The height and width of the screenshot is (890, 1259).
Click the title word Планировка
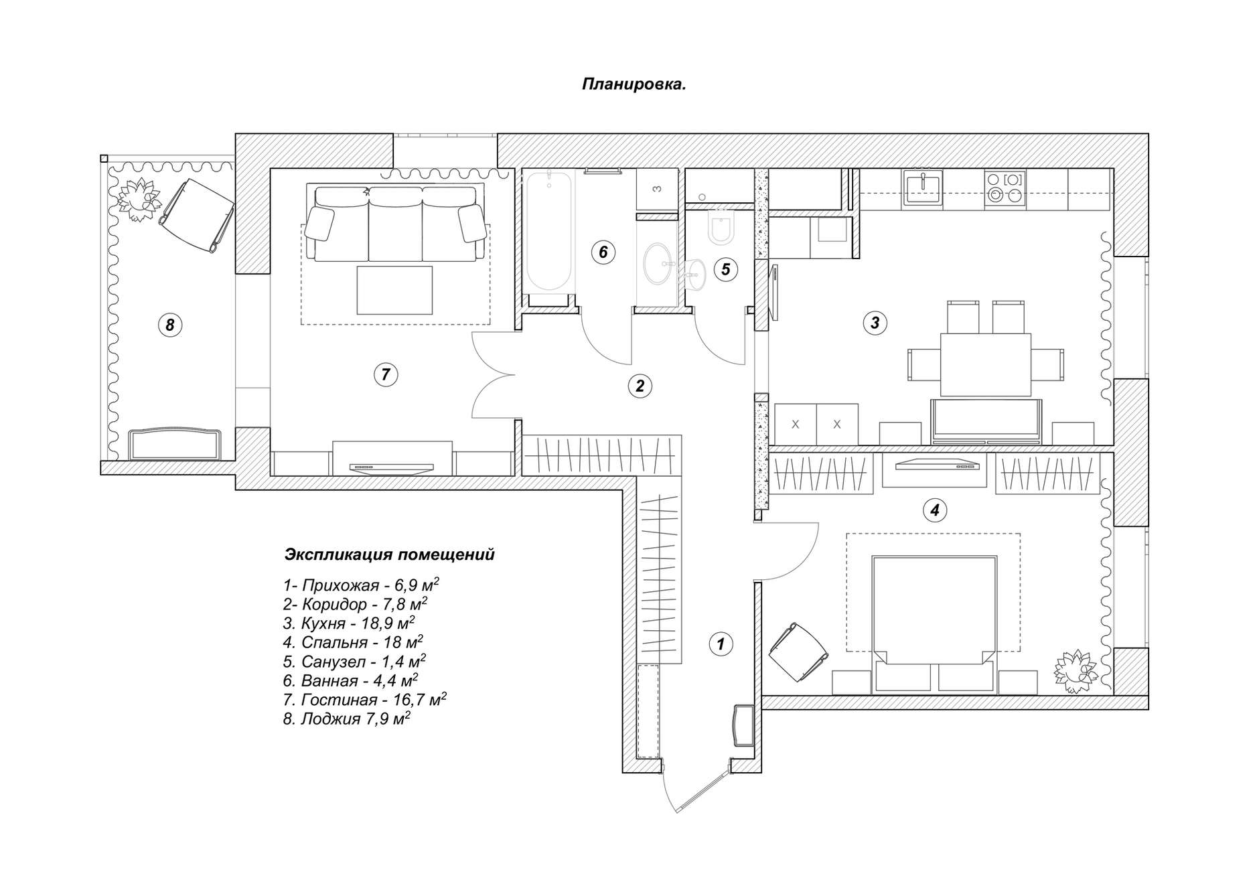pos(634,85)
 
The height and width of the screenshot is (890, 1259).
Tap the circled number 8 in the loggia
pos(170,325)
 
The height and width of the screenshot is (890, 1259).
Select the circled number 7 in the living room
pos(386,374)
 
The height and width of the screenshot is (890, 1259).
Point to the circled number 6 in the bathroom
pos(603,252)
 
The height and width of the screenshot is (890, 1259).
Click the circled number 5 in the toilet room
pos(725,269)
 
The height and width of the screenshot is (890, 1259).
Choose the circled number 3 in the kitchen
pos(875,323)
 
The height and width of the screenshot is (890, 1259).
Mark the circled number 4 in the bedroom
pos(935,510)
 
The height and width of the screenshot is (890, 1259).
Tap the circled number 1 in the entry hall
pos(721,644)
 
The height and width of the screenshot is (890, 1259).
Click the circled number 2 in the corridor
pos(640,386)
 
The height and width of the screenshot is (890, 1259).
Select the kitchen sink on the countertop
pos(923,187)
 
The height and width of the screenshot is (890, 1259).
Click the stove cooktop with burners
pos(1005,188)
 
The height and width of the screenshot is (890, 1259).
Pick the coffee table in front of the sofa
pos(394,290)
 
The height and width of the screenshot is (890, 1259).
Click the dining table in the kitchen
pos(986,365)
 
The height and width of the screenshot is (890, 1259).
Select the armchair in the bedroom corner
pos(798,652)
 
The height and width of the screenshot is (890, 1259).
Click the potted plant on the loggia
pos(139,199)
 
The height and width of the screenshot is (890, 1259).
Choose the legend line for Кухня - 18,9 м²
pos(349,623)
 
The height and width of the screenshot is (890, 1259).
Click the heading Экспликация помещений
pos(390,555)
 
